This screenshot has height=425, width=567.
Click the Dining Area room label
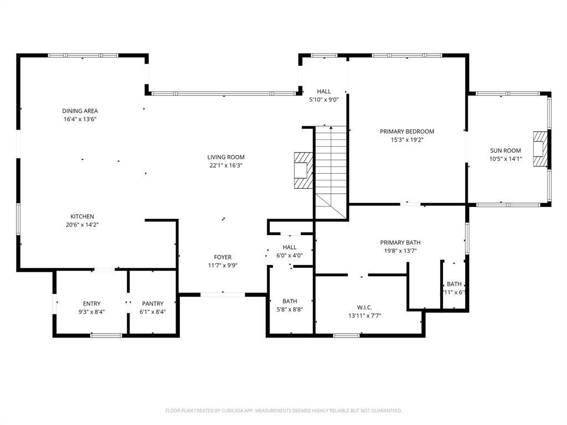(80, 111)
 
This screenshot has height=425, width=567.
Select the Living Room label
(226, 157)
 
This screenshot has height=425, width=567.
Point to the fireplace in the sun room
(540, 149)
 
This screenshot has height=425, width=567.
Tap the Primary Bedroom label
(406, 132)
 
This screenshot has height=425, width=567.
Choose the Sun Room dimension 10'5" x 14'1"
(505, 159)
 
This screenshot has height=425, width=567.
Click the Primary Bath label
(400, 242)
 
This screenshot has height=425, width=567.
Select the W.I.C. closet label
(364, 307)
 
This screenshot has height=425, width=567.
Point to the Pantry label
(152, 303)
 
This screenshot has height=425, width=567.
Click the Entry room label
(91, 303)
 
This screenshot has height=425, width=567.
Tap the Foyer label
(223, 257)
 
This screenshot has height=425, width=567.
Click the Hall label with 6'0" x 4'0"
(290, 247)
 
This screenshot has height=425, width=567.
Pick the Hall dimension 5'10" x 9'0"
(323, 100)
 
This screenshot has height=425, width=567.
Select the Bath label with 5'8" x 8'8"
(290, 301)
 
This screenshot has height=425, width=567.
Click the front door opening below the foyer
(223, 294)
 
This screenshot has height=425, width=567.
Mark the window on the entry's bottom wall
(106, 335)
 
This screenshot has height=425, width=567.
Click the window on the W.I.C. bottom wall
(347, 335)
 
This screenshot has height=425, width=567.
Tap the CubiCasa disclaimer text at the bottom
(283, 411)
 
